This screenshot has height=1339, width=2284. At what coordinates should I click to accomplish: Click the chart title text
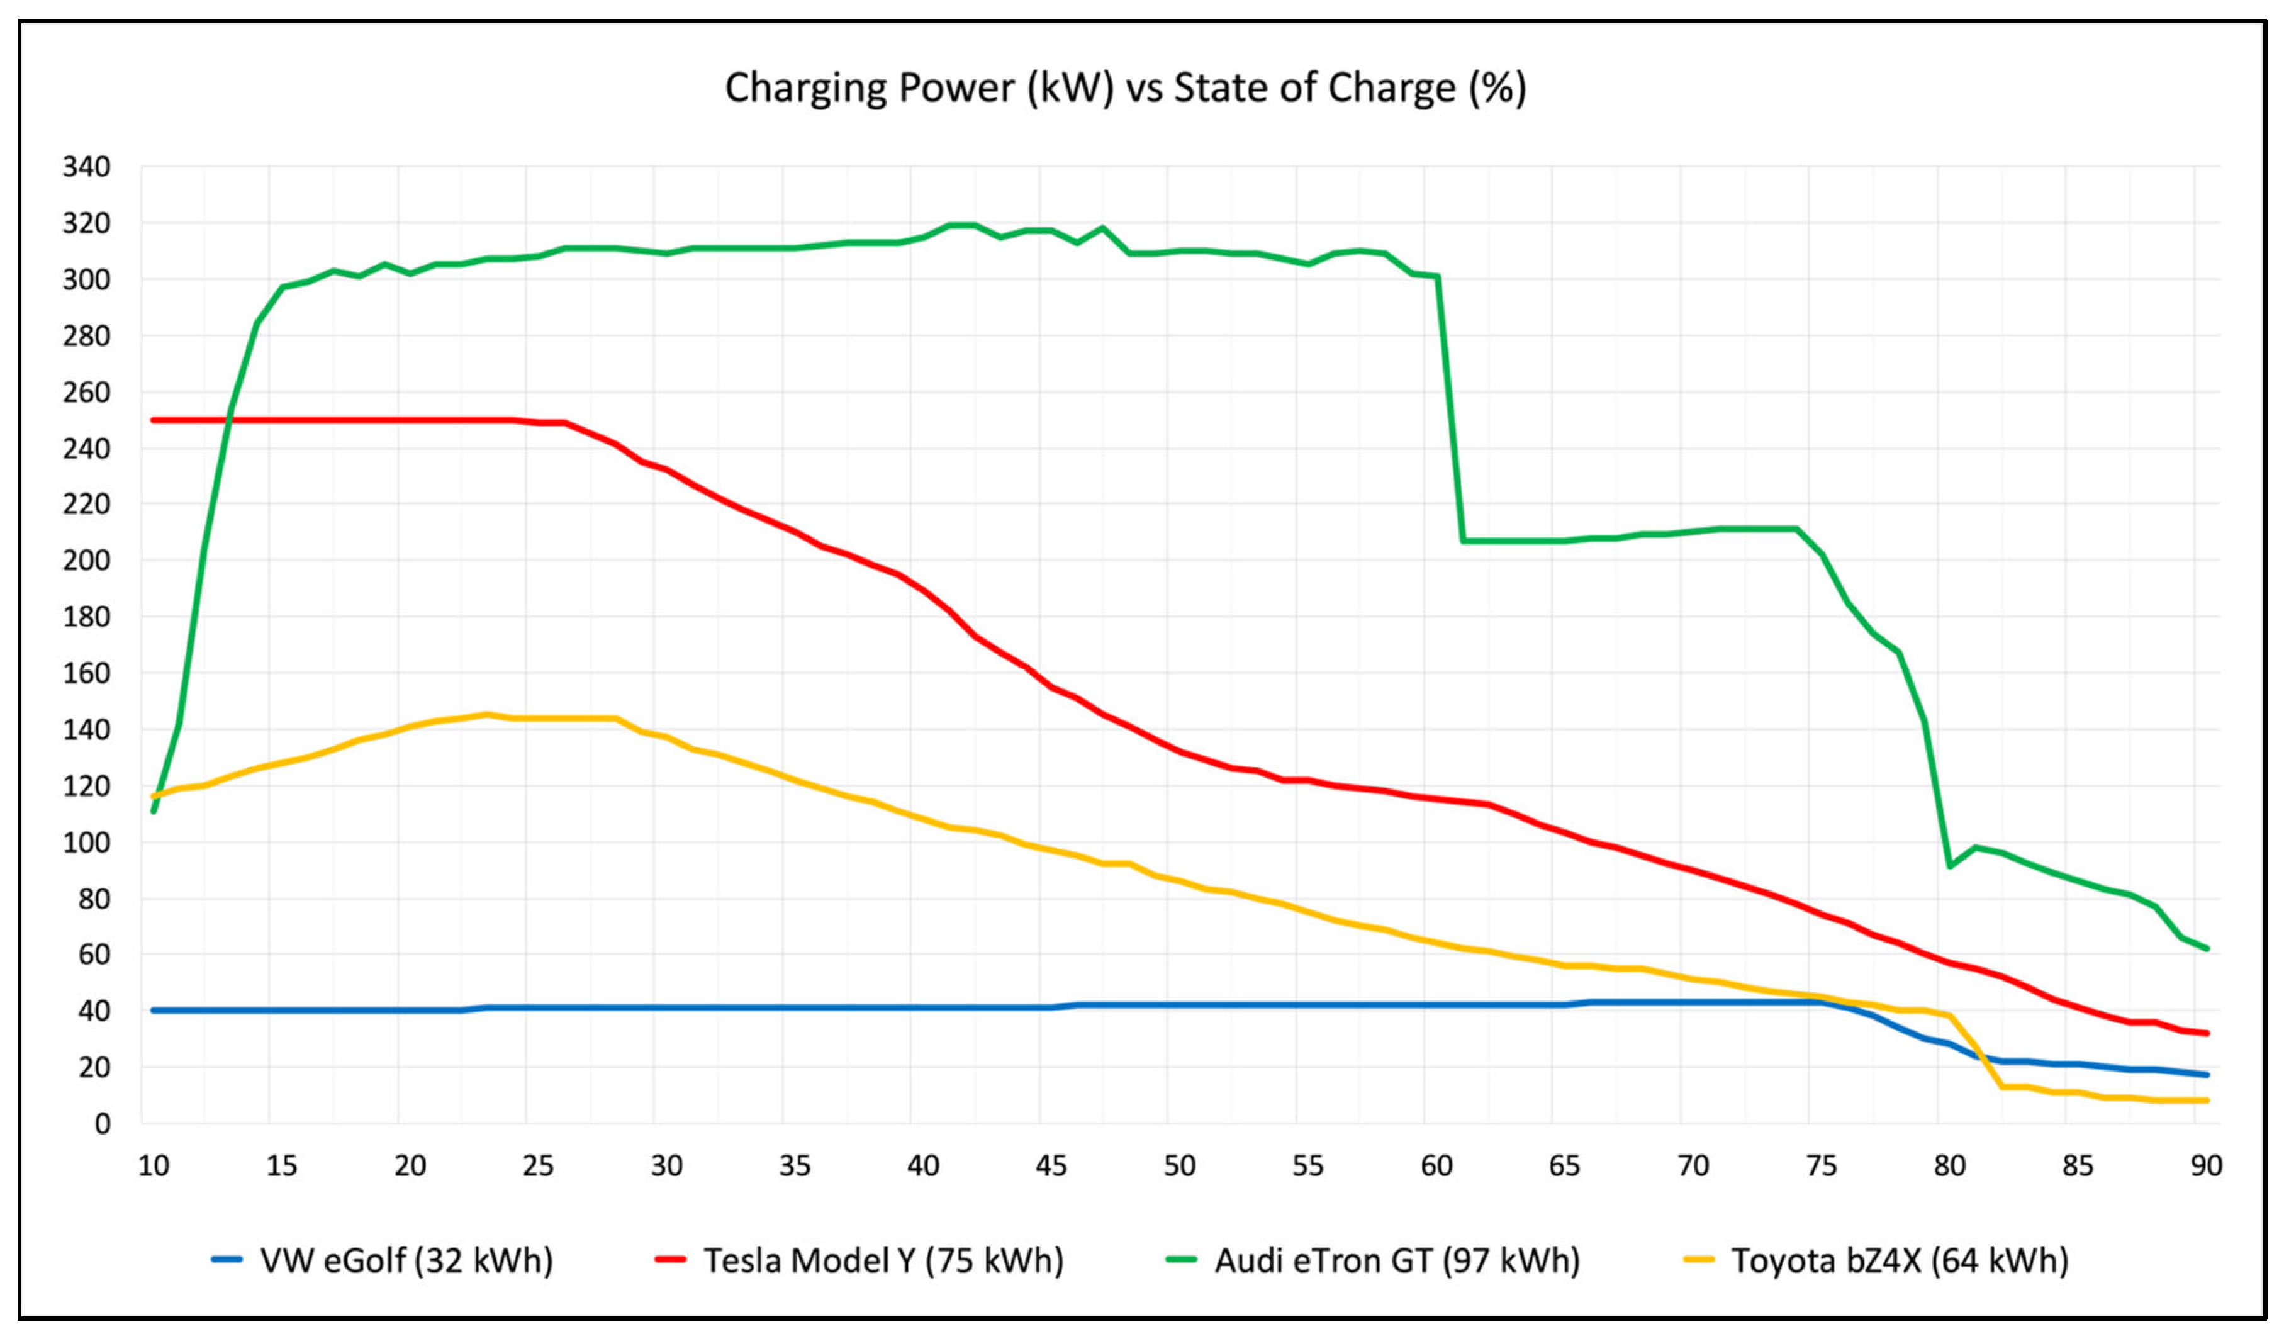(1125, 88)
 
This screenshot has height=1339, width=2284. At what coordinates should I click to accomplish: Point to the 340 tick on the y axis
(86, 167)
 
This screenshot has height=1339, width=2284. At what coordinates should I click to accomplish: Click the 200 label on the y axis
(86, 560)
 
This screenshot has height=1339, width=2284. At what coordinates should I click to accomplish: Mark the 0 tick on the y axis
(101, 1124)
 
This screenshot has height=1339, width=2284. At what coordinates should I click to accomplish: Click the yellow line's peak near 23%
(487, 714)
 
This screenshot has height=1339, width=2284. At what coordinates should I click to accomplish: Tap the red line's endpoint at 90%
(2206, 1033)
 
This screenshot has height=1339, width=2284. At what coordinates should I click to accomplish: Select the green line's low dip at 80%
(1949, 866)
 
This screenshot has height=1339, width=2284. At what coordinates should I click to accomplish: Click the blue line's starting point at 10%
(153, 1010)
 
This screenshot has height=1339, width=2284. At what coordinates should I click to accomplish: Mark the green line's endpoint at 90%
(2206, 948)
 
